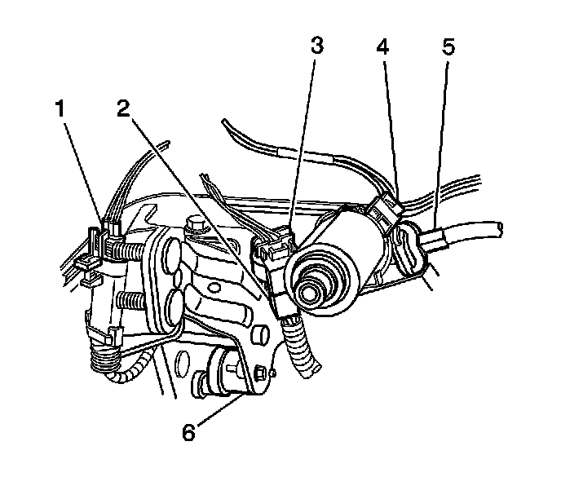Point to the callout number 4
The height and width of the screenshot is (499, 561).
[x=382, y=46]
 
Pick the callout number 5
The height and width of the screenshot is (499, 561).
[x=447, y=46]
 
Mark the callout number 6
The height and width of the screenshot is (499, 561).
[x=188, y=433]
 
